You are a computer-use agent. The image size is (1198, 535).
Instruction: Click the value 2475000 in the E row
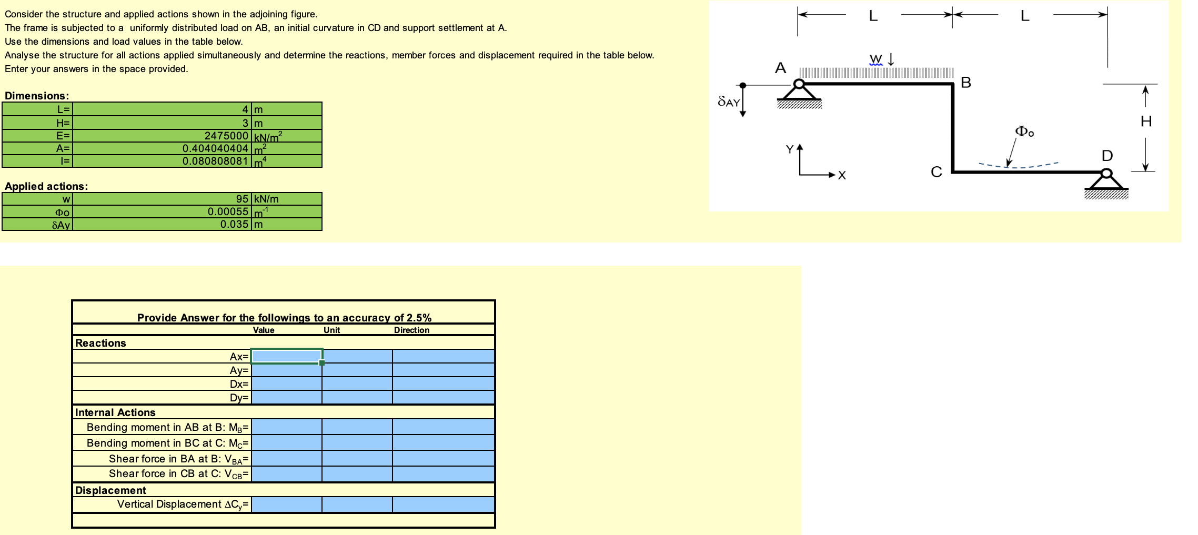coord(226,136)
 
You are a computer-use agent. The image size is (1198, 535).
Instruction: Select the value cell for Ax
coord(287,356)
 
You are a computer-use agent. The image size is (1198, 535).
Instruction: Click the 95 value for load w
coord(242,199)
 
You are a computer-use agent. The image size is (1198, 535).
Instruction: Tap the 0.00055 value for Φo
coord(228,211)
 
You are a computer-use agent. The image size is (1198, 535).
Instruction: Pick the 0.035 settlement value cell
coord(234,224)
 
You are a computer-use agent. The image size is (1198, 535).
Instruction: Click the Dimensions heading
coord(37,96)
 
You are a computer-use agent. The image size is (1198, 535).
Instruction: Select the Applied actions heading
coord(46,186)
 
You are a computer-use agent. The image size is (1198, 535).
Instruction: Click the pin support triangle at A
coord(799,92)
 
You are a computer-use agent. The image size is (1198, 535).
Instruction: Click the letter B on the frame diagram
coord(965,83)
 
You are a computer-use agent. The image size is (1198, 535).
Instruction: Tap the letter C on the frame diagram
coord(936,172)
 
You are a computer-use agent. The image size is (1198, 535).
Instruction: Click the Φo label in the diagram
coord(1024,131)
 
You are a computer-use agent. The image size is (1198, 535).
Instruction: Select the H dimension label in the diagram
coord(1146,122)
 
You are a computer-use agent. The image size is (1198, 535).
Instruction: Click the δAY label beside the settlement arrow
coord(729,102)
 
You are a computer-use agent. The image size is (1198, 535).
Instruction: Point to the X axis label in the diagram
coord(842,176)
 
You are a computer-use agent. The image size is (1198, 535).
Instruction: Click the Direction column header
coord(411,330)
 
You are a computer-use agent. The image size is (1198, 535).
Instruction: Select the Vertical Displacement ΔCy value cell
coord(287,504)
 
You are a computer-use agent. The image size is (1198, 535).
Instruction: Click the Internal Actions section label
coord(115,412)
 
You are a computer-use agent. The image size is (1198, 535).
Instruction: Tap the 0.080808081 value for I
coord(215,161)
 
